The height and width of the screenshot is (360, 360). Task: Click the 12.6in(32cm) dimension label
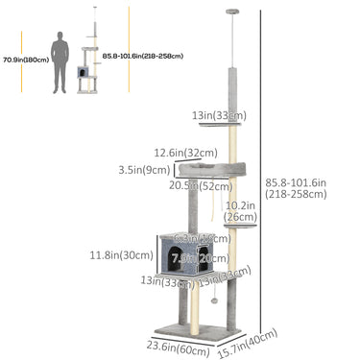(183, 151)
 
